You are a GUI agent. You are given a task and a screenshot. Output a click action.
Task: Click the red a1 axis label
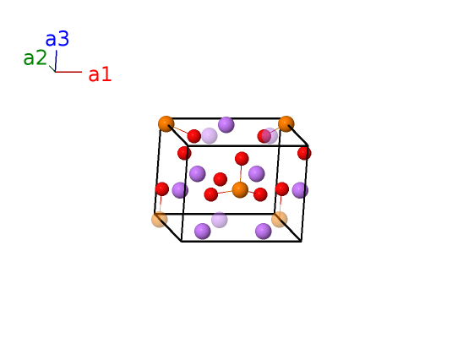pos(100,74)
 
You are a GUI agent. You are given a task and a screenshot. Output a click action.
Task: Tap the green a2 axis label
pos(35,57)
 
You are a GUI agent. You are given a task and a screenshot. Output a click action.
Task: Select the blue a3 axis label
pos(57,39)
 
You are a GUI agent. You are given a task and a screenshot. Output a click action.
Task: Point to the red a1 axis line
pos(68,72)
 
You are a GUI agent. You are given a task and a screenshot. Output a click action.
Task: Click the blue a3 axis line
pos(56,61)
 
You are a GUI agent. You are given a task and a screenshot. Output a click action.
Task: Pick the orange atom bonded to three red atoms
pos(240,189)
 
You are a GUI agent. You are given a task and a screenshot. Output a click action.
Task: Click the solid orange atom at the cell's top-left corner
pos(166,123)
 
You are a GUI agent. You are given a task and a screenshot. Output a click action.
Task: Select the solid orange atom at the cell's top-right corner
pos(286,123)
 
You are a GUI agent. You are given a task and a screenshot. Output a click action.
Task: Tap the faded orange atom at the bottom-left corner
pos(160,220)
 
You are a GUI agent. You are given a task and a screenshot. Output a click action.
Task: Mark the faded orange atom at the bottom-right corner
pos(280,220)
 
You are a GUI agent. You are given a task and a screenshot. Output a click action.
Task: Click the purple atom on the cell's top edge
pos(226,124)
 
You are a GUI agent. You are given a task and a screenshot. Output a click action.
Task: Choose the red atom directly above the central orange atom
pos(242,159)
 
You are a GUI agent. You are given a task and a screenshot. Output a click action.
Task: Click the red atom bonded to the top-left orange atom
pos(194,136)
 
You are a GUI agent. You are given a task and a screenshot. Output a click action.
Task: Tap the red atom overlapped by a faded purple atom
pos(264,136)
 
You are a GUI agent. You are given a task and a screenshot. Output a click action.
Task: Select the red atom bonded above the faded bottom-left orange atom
pos(162,189)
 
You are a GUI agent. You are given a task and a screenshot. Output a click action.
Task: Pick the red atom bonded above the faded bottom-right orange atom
pos(281,189)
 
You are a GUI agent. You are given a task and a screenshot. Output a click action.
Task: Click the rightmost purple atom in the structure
pos(300,190)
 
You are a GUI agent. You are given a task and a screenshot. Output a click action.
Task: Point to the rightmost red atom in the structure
pos(304,153)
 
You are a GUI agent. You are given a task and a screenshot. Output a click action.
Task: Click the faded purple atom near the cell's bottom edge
pos(220,220)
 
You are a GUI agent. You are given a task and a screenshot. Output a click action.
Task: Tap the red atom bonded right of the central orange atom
pos(260,194)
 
